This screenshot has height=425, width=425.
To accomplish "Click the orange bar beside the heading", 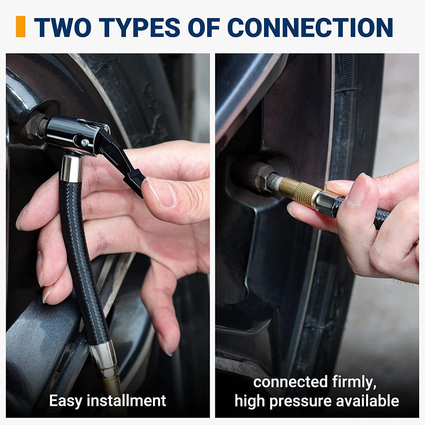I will [20, 27].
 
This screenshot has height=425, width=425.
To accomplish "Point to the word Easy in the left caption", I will [65, 401].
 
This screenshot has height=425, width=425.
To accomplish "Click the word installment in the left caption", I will [126, 400].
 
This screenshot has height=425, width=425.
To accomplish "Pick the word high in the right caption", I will [250, 401].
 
